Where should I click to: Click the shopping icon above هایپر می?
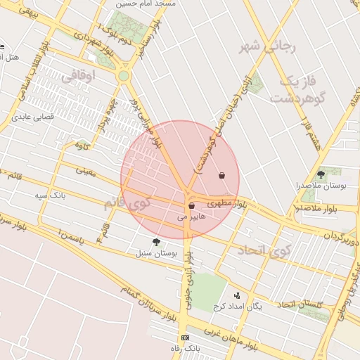pyautogui.click(x=191, y=206)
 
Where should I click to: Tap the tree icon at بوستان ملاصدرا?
pyautogui.click(x=321, y=174)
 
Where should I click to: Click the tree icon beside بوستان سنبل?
pyautogui.click(x=156, y=242)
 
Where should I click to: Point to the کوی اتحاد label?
pyautogui.click(x=264, y=250)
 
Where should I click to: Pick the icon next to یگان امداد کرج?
pyautogui.click(x=237, y=296)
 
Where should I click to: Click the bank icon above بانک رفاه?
pyautogui.click(x=185, y=338)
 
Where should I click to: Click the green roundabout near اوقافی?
pyautogui.click(x=124, y=75)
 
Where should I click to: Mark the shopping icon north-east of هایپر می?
pyautogui.click(x=222, y=175)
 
